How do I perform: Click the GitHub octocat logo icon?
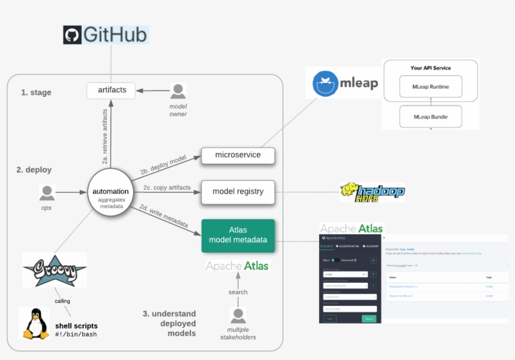[x=73, y=35]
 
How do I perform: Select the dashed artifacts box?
[x=112, y=90]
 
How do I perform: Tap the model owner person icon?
[x=178, y=91]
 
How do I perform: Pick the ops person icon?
[x=46, y=192]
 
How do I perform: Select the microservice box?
[x=237, y=155]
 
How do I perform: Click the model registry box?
[x=237, y=192]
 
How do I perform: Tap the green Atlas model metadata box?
[x=237, y=235]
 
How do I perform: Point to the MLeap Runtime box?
[x=430, y=86]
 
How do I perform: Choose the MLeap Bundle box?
[x=430, y=117]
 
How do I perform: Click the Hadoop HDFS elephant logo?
[x=350, y=192]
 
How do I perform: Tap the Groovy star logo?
[x=54, y=271]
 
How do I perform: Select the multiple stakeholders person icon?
[x=238, y=316]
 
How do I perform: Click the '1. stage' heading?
[x=36, y=92]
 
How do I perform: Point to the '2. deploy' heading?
[x=34, y=170]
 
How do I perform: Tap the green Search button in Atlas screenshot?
[x=369, y=319]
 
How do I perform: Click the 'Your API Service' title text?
[x=430, y=68]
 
